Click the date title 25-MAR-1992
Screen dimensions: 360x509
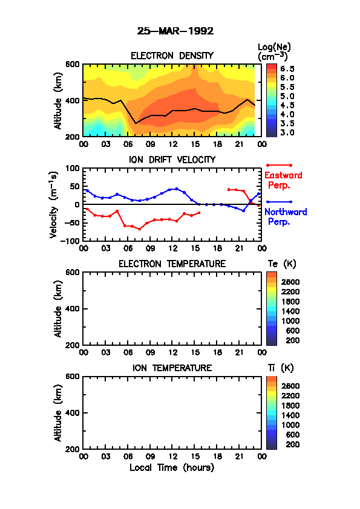175,31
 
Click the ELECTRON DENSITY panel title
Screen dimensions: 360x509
172,56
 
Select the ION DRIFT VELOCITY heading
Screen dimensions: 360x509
172,160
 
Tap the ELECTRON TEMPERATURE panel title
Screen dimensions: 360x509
172,264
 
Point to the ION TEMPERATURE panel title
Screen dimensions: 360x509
172,368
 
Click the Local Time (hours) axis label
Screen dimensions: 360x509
172,468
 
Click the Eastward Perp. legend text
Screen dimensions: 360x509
283,180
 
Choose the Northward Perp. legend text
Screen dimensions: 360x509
286,216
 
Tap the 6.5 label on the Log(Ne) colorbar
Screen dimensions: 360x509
287,69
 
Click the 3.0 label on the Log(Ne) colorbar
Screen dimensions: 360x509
287,132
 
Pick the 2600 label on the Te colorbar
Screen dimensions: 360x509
290,282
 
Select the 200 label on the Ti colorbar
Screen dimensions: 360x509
292,444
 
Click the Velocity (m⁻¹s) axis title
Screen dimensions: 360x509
54,205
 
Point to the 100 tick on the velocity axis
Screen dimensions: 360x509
73,168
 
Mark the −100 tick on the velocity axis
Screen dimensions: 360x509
70,241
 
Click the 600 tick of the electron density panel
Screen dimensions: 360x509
73,64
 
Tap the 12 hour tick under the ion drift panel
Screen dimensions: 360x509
173,248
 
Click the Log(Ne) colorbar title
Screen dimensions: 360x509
274,52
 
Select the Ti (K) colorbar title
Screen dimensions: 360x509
281,368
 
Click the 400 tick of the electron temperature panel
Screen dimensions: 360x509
73,309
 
